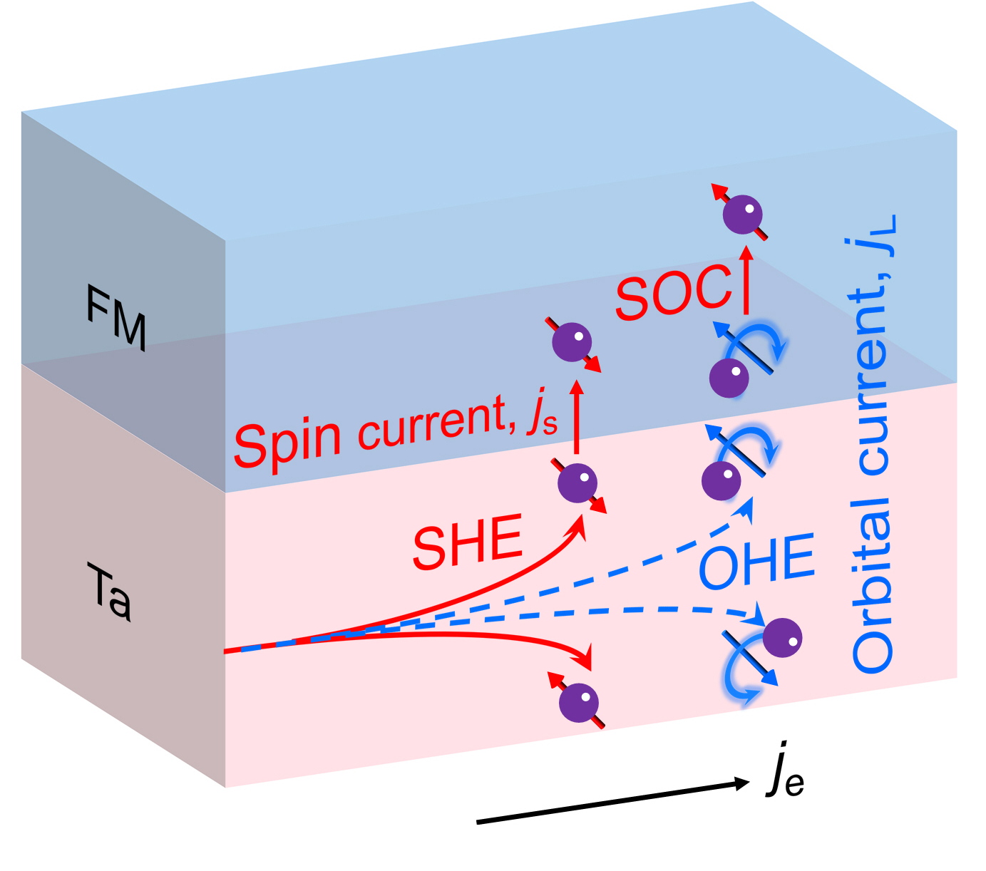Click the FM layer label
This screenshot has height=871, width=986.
(x=116, y=317)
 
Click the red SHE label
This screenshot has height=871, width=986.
(x=468, y=543)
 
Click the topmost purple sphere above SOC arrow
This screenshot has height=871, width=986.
(x=742, y=214)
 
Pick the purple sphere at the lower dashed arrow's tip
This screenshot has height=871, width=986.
(x=782, y=636)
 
